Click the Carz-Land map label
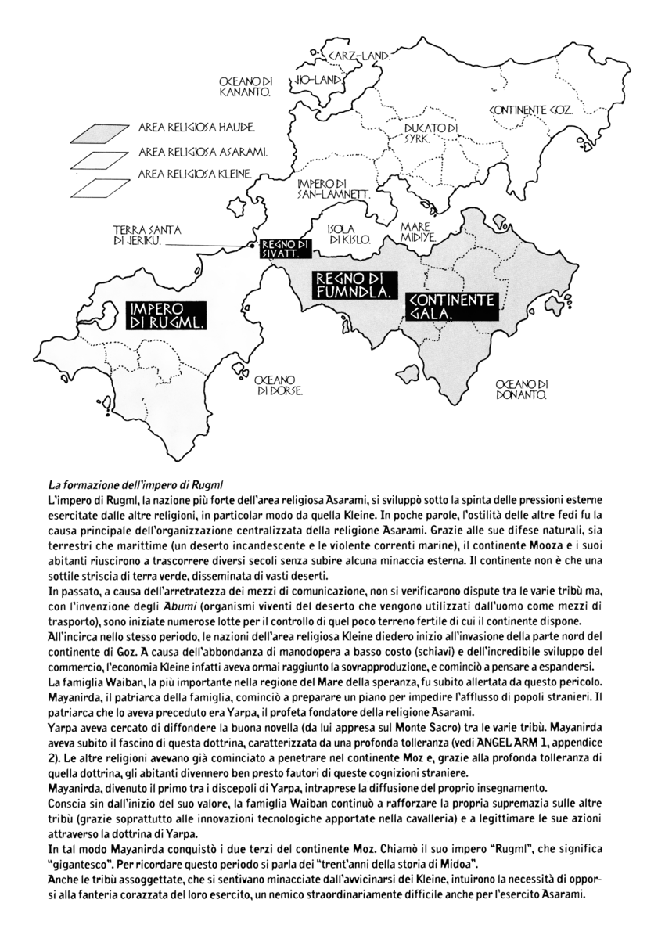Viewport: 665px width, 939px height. (360, 56)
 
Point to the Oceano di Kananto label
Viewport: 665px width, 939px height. (246, 86)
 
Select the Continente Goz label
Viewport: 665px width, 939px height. (532, 111)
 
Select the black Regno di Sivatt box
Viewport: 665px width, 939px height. (286, 248)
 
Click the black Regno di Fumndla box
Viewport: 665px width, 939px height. (352, 286)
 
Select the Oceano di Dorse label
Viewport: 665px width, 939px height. (279, 383)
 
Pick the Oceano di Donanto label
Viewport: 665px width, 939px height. (523, 390)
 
